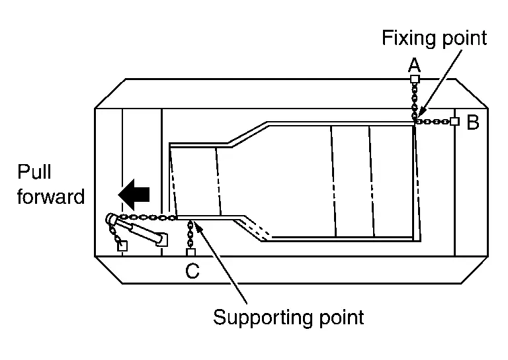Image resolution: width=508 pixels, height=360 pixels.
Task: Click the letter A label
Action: [414, 65]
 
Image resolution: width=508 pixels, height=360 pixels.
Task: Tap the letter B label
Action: [473, 122]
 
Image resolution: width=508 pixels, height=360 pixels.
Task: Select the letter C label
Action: [192, 271]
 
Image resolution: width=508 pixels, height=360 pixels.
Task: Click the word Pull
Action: [34, 173]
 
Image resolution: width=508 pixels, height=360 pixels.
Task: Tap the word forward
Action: [51, 197]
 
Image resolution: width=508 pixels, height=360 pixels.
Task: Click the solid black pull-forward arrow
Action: [134, 194]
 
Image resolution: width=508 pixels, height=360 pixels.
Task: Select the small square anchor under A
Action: [415, 79]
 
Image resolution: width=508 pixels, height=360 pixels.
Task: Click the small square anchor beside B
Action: [454, 122]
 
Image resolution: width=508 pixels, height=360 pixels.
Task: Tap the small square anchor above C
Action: [191, 253]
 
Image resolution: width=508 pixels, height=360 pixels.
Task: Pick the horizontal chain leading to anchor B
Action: [434, 122]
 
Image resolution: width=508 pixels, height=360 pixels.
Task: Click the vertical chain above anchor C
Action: [191, 235]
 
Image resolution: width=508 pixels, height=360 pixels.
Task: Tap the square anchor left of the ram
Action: [122, 247]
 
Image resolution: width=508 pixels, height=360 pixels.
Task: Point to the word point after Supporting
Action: [338, 317]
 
